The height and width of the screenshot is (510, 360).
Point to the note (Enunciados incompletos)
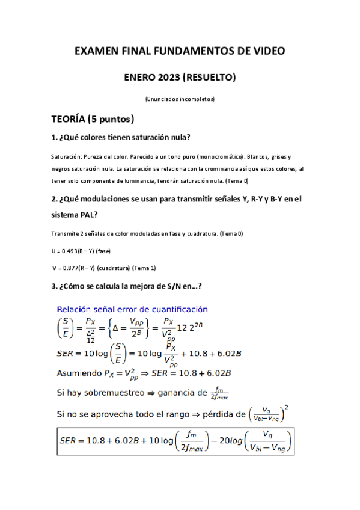tap(180, 99)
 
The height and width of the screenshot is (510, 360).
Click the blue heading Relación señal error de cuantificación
tap(132, 309)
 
